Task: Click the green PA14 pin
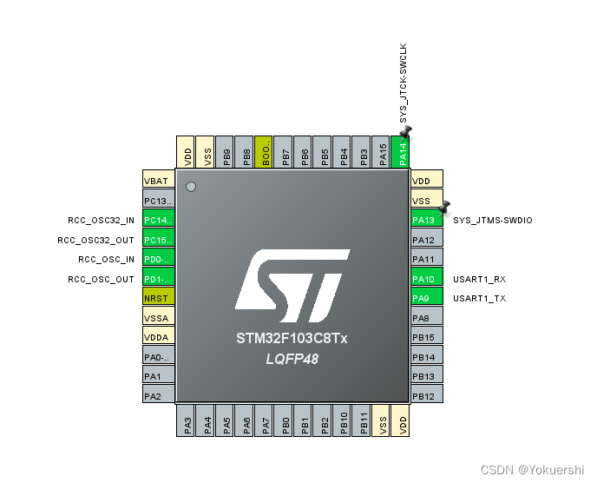[400, 152]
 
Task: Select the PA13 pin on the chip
[426, 219]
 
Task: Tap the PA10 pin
[426, 279]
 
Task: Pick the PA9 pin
[426, 298]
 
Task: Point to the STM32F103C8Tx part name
[292, 338]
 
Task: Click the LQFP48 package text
[292, 358]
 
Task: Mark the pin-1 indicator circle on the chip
[191, 186]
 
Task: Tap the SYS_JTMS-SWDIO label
[493, 220]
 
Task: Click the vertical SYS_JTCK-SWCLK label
[403, 83]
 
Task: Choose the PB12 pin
[426, 396]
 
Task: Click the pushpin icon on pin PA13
[444, 208]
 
